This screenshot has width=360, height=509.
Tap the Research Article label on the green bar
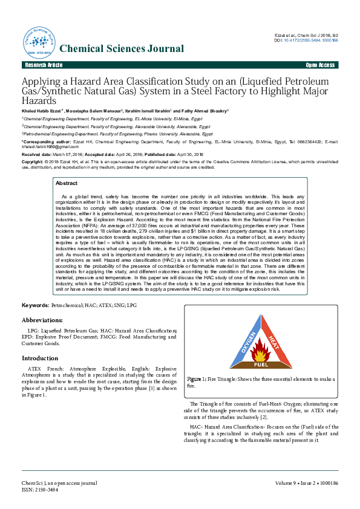coord(43,65)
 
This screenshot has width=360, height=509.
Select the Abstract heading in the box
coord(66,183)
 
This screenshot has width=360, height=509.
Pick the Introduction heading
coord(40,358)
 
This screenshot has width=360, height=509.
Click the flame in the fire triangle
coord(262,351)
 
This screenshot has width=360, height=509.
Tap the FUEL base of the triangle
coord(261,365)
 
